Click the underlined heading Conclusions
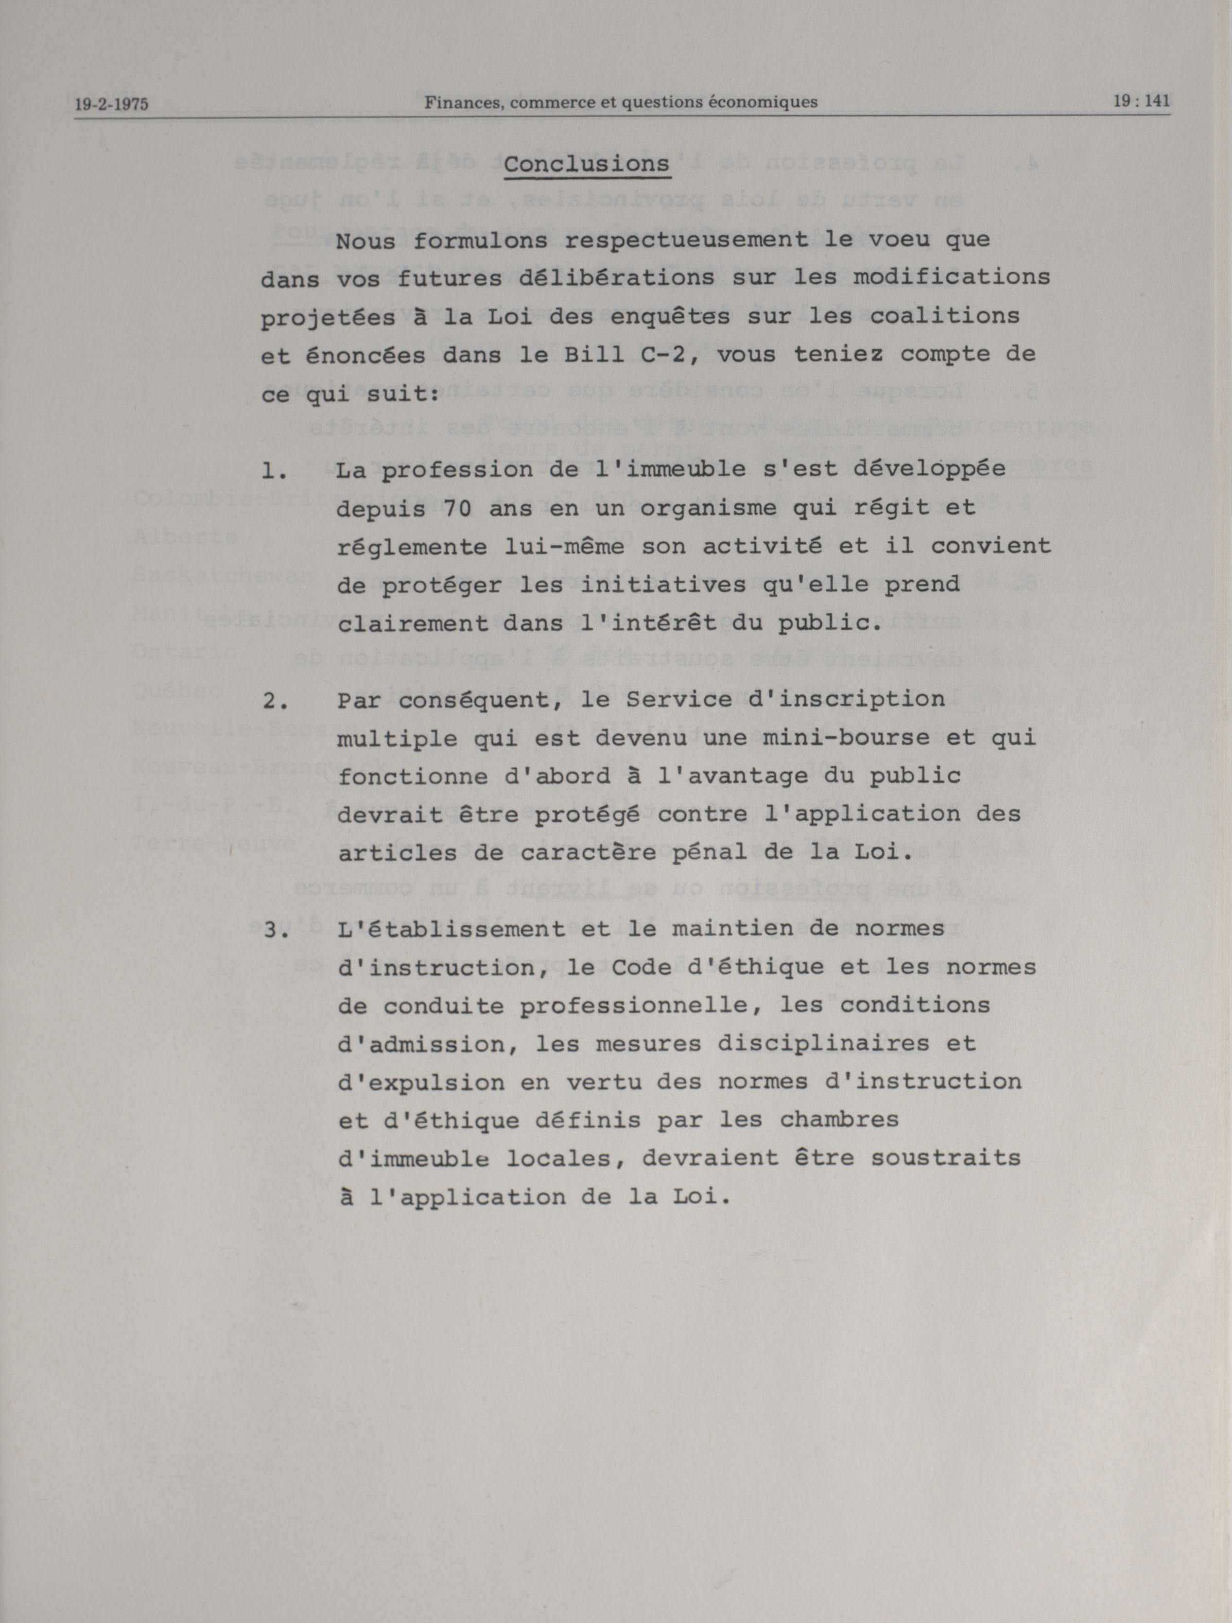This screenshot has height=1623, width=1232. pyautogui.click(x=586, y=164)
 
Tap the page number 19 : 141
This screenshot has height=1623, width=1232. pyautogui.click(x=1141, y=101)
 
